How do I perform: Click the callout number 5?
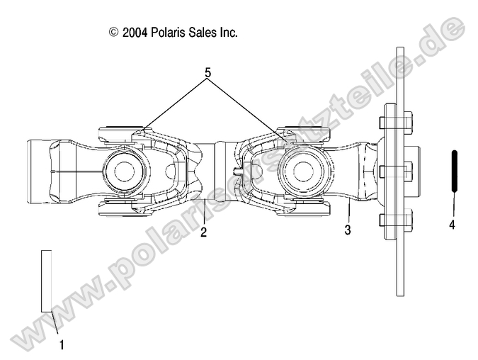click(x=208, y=73)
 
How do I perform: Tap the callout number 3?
click(x=348, y=230)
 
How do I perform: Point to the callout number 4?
click(x=451, y=225)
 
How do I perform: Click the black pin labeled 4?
click(x=454, y=171)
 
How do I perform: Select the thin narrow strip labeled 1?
click(x=47, y=281)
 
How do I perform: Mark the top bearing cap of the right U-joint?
click(x=305, y=131)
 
